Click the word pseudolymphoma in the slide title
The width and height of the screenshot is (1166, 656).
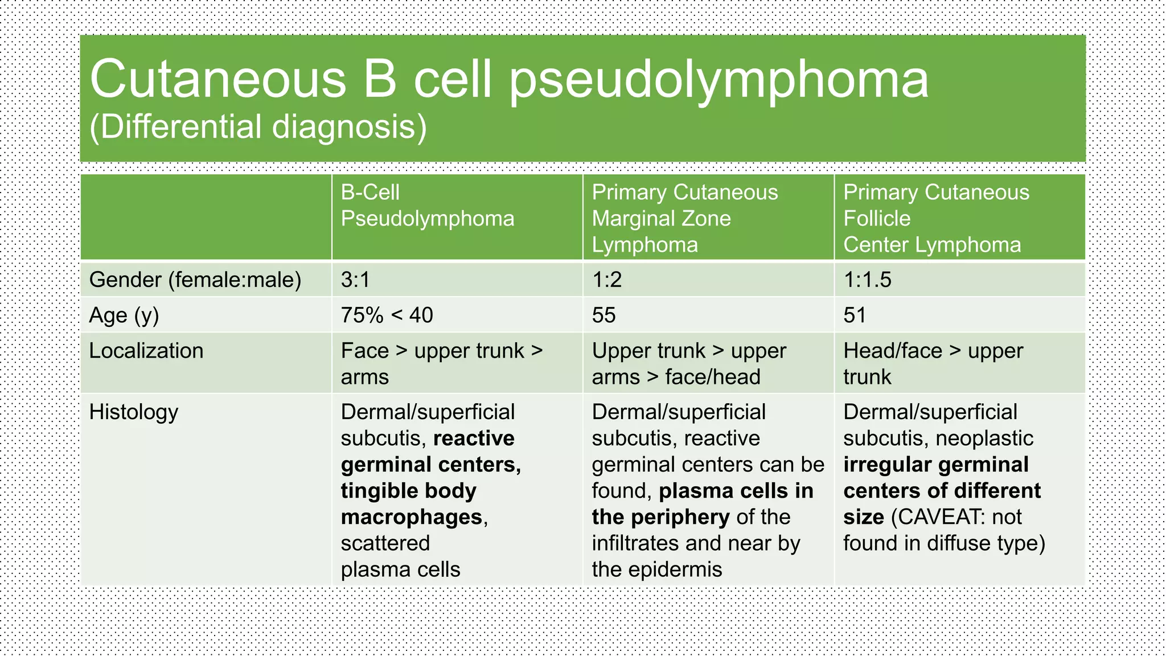point(719,80)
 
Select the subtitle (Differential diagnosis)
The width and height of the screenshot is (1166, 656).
point(258,126)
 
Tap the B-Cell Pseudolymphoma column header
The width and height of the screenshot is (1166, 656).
point(427,206)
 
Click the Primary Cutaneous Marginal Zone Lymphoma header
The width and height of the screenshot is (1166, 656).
point(684,219)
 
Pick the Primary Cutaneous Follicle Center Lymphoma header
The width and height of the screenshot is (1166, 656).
point(936,219)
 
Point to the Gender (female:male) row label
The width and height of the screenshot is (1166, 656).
point(195,280)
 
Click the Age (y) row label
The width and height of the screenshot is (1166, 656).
point(124,315)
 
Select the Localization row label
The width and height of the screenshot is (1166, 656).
point(146,351)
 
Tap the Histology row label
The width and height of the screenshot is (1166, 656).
point(133,412)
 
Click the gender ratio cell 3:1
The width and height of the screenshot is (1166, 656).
point(355,280)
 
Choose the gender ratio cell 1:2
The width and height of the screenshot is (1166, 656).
point(606,280)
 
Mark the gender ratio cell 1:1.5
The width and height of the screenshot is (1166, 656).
point(867,280)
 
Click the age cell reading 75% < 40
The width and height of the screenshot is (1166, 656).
point(387,315)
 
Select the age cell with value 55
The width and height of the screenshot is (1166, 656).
point(603,315)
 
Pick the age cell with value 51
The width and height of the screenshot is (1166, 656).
point(855,315)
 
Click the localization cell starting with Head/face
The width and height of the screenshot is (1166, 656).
point(933,363)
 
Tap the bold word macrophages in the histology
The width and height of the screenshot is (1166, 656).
point(412,517)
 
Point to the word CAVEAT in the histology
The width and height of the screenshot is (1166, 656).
point(941,517)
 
